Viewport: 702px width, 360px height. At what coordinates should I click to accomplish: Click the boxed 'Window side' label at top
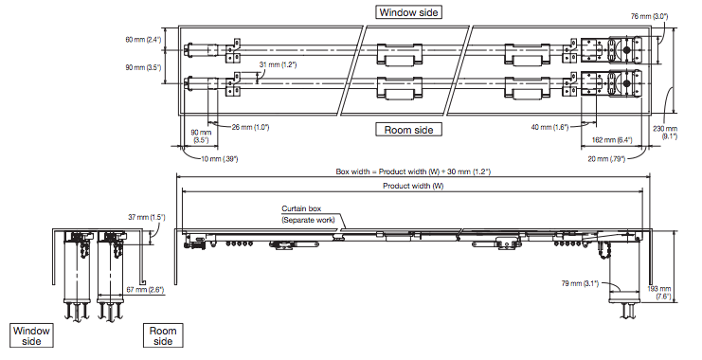(x=408, y=12)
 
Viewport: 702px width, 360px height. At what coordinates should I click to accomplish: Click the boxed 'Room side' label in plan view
(x=408, y=130)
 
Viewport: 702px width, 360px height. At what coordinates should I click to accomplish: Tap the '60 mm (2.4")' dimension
(x=143, y=40)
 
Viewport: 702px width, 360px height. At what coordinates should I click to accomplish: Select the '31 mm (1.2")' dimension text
(x=278, y=65)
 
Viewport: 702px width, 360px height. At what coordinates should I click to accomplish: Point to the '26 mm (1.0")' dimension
(x=250, y=127)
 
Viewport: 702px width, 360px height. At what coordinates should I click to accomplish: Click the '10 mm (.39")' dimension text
(x=219, y=159)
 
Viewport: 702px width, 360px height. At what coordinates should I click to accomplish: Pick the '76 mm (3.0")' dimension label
(x=649, y=16)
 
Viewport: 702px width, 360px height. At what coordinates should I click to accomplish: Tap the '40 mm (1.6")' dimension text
(x=549, y=127)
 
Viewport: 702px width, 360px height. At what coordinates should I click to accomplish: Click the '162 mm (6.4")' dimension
(x=612, y=140)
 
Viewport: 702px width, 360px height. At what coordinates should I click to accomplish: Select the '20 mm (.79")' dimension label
(x=606, y=159)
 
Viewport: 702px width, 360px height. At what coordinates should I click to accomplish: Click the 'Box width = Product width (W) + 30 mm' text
(x=413, y=171)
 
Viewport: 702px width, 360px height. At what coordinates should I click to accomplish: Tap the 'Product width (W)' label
(x=413, y=186)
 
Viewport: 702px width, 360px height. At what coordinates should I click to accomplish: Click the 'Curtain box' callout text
(x=301, y=208)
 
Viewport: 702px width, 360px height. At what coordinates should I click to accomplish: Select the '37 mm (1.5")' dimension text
(x=147, y=218)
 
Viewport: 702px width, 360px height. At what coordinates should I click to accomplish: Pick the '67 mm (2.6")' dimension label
(x=145, y=290)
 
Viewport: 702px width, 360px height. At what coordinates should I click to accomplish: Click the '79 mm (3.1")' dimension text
(x=580, y=283)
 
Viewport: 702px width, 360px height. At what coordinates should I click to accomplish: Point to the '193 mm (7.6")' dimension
(x=659, y=293)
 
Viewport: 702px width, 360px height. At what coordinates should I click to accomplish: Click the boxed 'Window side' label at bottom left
(x=31, y=335)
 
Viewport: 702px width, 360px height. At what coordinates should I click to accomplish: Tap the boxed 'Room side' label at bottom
(x=163, y=335)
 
